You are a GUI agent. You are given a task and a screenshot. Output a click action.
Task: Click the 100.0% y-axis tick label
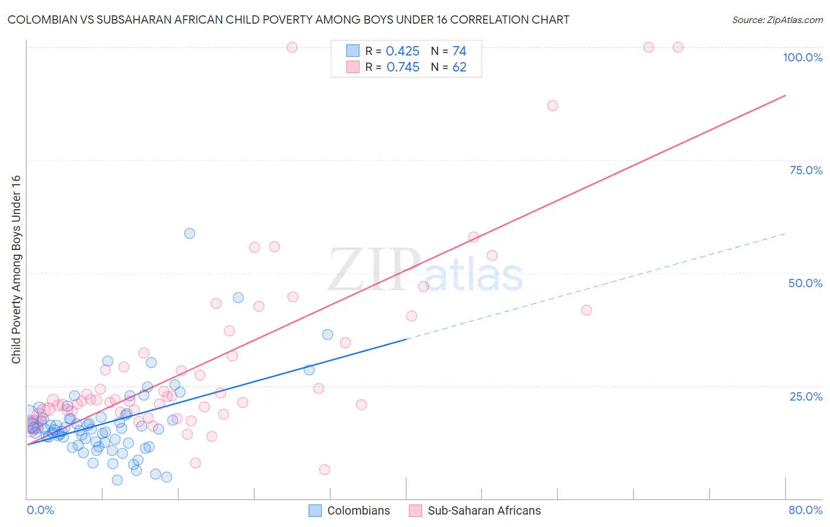(x=802, y=57)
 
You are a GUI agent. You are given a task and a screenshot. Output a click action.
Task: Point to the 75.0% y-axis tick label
(x=806, y=170)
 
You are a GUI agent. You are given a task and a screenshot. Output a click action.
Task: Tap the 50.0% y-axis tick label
(x=805, y=283)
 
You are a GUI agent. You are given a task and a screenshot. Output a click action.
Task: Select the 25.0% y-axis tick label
(x=806, y=396)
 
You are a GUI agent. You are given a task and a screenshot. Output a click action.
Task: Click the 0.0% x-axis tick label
(x=40, y=510)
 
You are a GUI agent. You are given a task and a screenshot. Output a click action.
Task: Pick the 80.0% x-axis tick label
(x=805, y=510)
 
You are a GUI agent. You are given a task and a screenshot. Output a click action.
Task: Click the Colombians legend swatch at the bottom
(x=316, y=510)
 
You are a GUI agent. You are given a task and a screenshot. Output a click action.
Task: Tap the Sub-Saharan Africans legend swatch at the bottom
(x=416, y=510)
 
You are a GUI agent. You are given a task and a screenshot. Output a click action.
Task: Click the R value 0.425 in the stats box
(x=403, y=51)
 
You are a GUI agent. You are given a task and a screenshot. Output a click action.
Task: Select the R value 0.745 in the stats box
(x=403, y=67)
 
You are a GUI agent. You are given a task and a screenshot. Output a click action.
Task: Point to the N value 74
(x=459, y=51)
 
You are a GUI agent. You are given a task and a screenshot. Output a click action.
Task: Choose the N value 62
(x=459, y=67)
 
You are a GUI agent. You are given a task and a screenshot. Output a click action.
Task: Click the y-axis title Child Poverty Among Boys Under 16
(x=16, y=269)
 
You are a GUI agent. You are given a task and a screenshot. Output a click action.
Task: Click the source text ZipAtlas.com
(x=777, y=19)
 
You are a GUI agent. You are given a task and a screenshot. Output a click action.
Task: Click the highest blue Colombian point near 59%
(x=189, y=233)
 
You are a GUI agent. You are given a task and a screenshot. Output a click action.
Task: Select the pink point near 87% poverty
(x=553, y=106)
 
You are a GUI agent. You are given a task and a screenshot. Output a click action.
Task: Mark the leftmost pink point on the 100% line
(x=292, y=47)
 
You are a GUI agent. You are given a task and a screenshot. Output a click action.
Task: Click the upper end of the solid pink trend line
(x=785, y=95)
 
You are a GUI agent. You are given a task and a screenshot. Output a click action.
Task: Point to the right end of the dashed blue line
(x=785, y=234)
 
